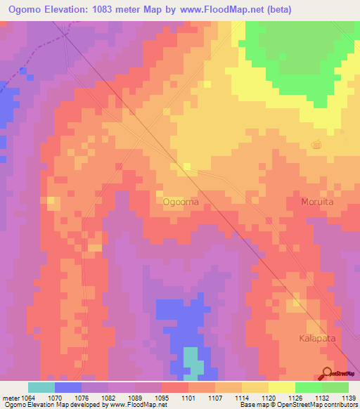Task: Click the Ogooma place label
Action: (181, 202)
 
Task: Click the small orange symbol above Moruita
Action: (316, 145)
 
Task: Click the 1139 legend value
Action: (347, 398)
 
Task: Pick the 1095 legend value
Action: (162, 398)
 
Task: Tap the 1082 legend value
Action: (108, 398)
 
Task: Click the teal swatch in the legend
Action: (41, 387)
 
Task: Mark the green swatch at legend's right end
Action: (335, 387)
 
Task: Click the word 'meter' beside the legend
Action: (11, 398)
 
